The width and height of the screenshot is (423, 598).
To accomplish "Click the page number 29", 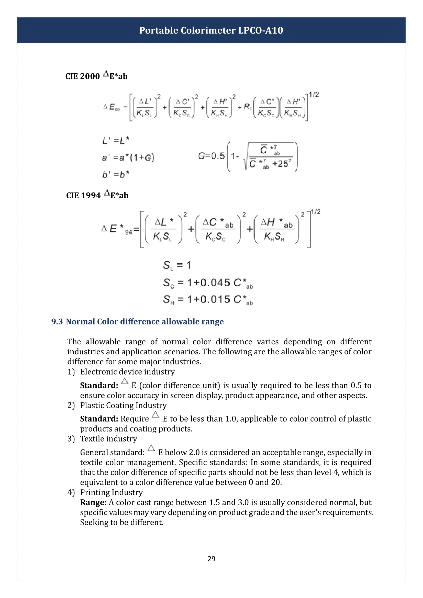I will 211,558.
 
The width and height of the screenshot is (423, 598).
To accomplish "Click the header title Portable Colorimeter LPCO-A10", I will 211,30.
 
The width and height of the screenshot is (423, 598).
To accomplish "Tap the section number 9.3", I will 57,321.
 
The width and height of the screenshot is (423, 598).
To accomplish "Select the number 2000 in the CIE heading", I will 90,76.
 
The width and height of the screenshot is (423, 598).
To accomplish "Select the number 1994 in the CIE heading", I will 91,195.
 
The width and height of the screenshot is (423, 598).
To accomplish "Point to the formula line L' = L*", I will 115,141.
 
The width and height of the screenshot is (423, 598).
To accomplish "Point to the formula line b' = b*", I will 115,174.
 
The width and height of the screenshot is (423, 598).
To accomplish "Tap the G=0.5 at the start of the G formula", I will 211,156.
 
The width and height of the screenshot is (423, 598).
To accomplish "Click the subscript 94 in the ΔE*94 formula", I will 129,232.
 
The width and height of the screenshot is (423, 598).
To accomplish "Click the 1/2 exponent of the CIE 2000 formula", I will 314,95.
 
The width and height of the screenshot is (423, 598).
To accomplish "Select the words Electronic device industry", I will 127,372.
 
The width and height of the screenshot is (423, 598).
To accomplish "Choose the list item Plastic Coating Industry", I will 123,405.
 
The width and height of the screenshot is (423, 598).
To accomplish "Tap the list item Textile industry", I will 108,439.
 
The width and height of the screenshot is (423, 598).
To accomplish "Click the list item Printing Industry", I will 111,492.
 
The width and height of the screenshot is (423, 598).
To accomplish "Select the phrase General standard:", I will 112,453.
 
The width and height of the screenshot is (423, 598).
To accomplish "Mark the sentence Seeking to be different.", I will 122,522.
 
